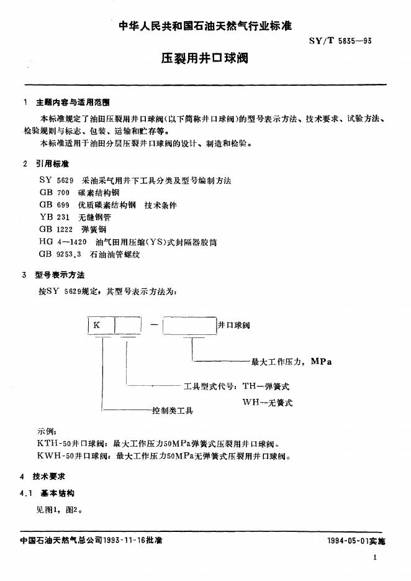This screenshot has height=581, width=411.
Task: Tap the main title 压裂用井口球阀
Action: [205, 60]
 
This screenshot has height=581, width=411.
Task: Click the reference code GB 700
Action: [54, 193]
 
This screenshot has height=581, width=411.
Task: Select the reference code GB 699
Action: [54, 205]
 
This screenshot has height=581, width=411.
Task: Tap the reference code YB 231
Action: [53, 217]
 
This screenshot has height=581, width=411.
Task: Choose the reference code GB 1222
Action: [56, 229]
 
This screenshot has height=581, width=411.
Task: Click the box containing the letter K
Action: [101, 325]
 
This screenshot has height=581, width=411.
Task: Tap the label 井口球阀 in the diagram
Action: [233, 325]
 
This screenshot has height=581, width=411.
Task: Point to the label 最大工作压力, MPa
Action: [291, 361]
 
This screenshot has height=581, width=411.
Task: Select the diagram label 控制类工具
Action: [173, 411]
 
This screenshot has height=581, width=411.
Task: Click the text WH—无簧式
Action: [267, 403]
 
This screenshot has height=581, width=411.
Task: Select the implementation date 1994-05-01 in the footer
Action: [348, 541]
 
